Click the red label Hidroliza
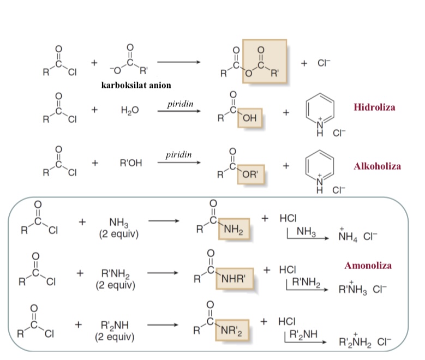point(374,107)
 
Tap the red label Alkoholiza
point(377,166)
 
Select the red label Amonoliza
point(368,265)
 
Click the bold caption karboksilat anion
point(136,85)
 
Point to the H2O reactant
point(130,110)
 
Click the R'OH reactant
point(131,163)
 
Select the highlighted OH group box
point(250,118)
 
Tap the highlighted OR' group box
point(251,175)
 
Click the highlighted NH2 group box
point(234,229)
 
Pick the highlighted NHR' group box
point(235,279)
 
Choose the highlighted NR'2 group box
point(232,331)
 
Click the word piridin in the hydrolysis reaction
point(180,104)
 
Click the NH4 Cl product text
point(357,235)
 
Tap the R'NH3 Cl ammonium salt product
point(363,288)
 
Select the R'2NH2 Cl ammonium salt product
point(365,341)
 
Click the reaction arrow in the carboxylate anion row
point(178,62)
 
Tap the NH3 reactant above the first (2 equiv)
point(119,223)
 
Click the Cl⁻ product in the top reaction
point(324,63)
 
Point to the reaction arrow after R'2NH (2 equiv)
point(163,325)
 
